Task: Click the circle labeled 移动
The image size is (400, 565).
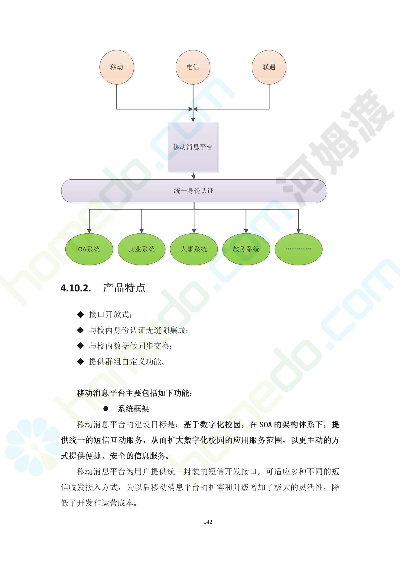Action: pos(117,67)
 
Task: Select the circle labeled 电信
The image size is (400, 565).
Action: pos(193,67)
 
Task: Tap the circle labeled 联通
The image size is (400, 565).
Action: pos(269,67)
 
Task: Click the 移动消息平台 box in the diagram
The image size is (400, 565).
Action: pos(193,147)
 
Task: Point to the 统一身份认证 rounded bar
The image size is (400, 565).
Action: pos(194,191)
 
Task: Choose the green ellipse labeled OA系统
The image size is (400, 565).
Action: pos(89,249)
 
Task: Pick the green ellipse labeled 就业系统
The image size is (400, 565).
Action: pos(141,249)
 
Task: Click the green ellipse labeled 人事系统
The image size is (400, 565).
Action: pos(194,249)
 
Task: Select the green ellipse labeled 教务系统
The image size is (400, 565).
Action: pos(246,249)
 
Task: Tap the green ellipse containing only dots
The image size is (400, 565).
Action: pos(298,249)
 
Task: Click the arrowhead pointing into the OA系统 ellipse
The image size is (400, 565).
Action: pos(89,231)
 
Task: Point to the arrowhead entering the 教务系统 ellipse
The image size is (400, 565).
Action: pos(246,231)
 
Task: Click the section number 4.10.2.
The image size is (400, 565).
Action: pos(76,288)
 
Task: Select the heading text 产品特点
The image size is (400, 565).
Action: pos(124,288)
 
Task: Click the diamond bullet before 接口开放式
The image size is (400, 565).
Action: pos(80,314)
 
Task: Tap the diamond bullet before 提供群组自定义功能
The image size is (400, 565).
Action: pos(80,361)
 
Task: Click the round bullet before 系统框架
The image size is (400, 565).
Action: pos(106,409)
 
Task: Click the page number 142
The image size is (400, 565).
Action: pos(208,522)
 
